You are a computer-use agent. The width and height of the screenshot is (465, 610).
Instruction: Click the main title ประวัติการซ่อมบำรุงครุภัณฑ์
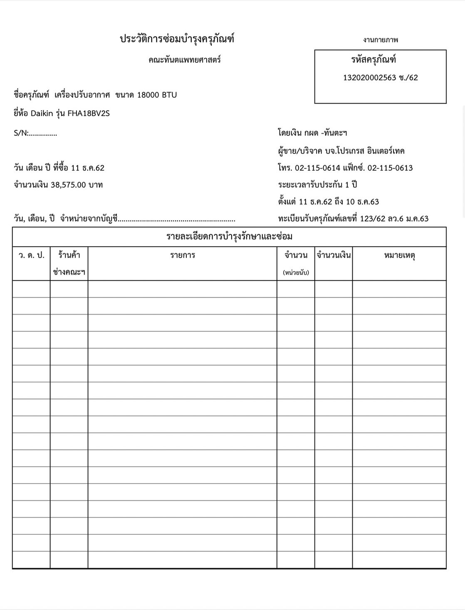pyautogui.click(x=177, y=39)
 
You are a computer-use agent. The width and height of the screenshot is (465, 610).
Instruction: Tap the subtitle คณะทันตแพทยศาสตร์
pyautogui.click(x=184, y=60)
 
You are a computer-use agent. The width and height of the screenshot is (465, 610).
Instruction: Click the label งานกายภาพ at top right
pyautogui.click(x=381, y=40)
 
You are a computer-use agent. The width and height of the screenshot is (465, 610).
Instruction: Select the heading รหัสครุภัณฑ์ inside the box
pyautogui.click(x=373, y=60)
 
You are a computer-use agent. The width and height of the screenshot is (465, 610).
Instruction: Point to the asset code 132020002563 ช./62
pyautogui.click(x=380, y=78)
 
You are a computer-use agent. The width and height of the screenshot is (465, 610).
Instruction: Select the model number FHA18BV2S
pyautogui.click(x=89, y=113)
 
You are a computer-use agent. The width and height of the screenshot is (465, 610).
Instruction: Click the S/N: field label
pyautogui.click(x=21, y=133)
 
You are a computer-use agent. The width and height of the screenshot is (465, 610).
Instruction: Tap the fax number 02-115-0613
pyautogui.click(x=390, y=168)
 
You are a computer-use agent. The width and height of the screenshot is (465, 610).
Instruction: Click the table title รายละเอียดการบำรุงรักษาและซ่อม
pyautogui.click(x=229, y=237)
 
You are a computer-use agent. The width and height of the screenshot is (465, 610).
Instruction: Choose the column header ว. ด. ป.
pyautogui.click(x=31, y=255)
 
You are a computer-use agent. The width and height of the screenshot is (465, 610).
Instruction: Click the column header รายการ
pyautogui.click(x=183, y=255)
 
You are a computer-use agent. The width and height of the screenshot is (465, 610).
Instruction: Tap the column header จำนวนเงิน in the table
pyautogui.click(x=334, y=255)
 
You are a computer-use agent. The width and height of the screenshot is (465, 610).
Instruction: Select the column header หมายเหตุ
pyautogui.click(x=399, y=255)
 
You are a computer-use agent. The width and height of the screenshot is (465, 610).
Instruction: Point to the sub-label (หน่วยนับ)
pyautogui.click(x=296, y=273)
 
